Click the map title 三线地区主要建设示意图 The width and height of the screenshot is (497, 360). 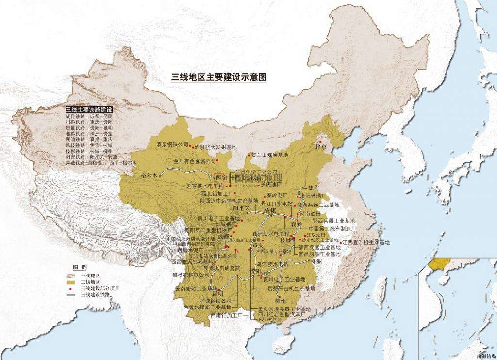[219, 77]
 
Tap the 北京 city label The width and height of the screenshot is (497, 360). [322, 146]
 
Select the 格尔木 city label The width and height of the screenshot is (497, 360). [149, 175]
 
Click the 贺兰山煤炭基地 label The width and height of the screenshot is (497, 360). [270, 155]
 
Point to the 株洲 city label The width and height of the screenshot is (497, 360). [316, 261]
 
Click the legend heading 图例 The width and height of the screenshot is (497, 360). [80, 268]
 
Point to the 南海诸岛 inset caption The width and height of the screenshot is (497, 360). [486, 356]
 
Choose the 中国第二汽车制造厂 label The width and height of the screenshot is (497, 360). [332, 228]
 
